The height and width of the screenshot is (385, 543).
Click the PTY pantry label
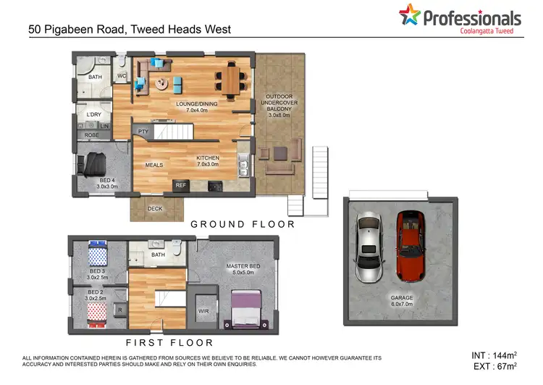click(143, 131)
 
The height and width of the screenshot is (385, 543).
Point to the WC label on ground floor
click(122, 75)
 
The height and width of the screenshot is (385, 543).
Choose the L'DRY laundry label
click(93, 115)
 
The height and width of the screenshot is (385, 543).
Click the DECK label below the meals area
click(155, 209)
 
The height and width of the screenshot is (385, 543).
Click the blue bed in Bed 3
click(97, 255)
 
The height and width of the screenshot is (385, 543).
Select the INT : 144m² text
click(492, 355)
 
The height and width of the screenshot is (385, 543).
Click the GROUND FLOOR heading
click(243, 224)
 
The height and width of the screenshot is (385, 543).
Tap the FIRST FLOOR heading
click(169, 342)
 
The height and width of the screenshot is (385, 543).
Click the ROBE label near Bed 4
click(91, 135)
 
